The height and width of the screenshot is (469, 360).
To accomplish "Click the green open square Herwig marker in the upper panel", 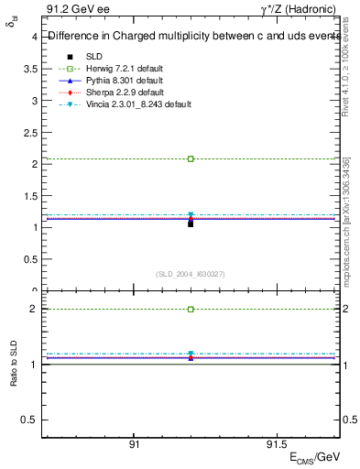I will tap(191, 158).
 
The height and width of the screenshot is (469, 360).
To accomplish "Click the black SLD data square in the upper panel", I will tap(191, 224).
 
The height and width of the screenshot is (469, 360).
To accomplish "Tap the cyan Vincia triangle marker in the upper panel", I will tap(191, 215).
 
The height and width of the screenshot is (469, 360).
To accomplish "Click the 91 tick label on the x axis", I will tap(134, 445).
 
